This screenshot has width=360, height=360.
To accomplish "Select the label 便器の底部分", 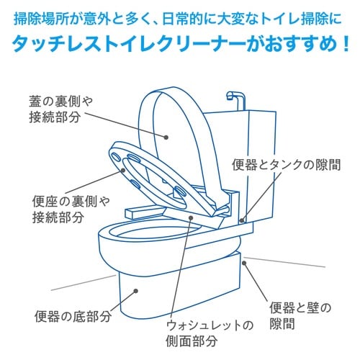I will [73, 315].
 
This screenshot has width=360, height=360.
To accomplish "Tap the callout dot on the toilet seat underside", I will [125, 171].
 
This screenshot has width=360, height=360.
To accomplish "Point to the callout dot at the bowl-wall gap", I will [245, 264].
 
